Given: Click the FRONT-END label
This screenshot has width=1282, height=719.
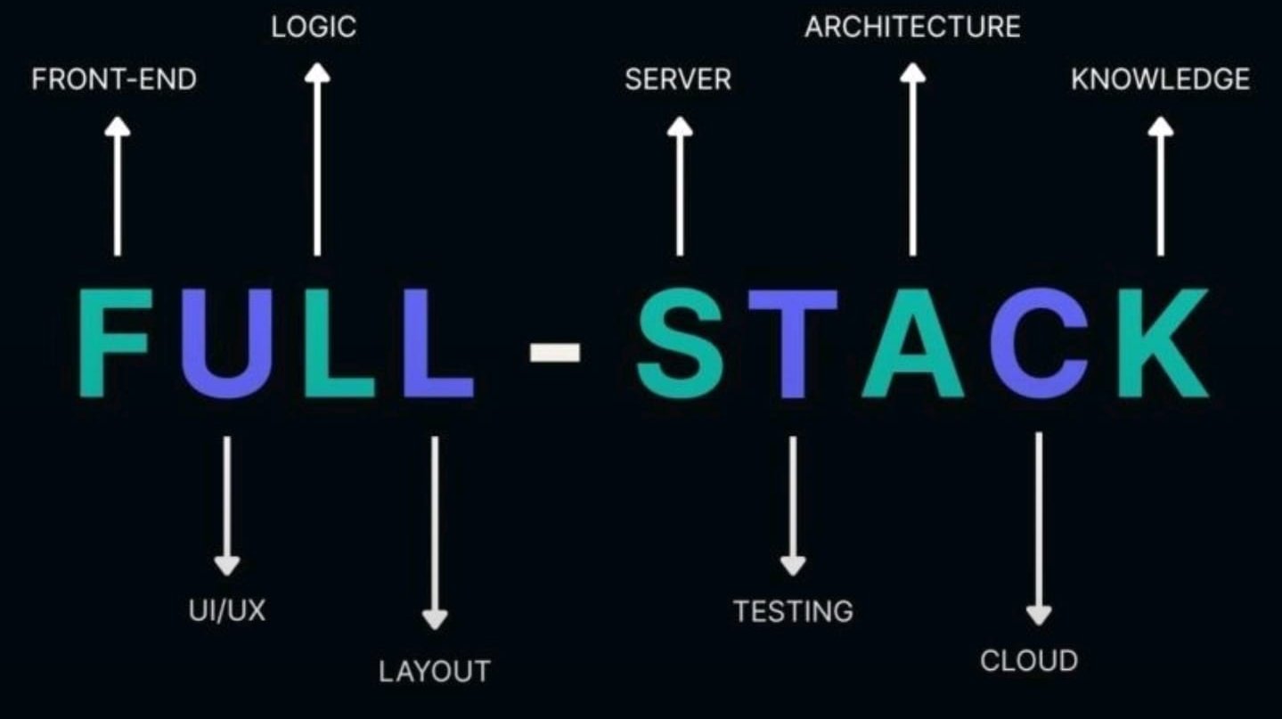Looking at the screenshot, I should pos(114,79).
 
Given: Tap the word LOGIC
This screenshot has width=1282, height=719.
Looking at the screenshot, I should pos(314,27).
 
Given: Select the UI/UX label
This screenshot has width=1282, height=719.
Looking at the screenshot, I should pos(227,611).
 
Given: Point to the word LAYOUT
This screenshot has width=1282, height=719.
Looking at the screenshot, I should pos(435,670).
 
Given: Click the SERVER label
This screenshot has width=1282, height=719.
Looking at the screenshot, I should pos(678,79).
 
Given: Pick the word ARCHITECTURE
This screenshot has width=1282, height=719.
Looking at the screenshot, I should pos(912,27).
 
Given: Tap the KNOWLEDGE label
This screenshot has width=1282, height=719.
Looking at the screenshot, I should pos(1160,79).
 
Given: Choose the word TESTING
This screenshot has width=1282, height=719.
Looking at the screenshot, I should pos(793,611).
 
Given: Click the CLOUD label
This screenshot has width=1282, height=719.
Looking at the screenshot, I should pos(1029,661).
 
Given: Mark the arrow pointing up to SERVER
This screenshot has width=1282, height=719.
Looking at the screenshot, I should pos(680,187).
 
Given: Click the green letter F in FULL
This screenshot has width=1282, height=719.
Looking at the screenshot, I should pos(111,343).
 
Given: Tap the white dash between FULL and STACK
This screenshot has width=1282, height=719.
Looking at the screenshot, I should pos(555,353).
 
